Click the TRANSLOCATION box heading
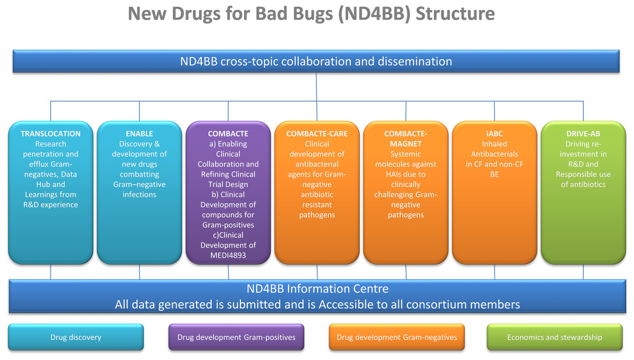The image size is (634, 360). [51, 134]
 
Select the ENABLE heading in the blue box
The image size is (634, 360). [139, 134]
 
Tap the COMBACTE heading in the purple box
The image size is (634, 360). [228, 134]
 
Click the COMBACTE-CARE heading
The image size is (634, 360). [317, 134]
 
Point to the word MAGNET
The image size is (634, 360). [406, 144]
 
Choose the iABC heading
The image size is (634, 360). [495, 134]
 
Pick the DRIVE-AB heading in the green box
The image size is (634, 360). [583, 134]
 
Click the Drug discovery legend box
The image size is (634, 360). [76, 337]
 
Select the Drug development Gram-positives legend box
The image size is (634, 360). [236, 337]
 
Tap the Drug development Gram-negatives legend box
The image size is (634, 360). [397, 337]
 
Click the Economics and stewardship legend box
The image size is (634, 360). [554, 337]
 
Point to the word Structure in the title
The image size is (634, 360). [455, 14]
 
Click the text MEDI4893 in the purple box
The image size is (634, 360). [228, 255]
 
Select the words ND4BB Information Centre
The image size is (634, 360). [318, 289]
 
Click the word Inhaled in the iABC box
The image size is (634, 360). [495, 144]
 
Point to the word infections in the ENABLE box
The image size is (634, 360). [139, 195]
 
